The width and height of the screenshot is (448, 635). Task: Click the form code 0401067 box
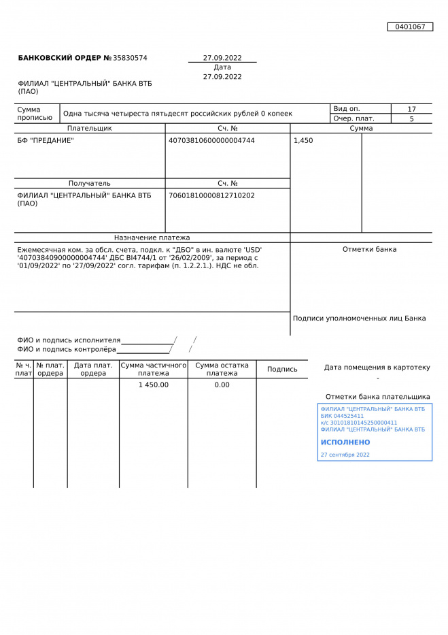tap(410, 27)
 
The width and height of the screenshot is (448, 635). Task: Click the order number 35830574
tap(130, 59)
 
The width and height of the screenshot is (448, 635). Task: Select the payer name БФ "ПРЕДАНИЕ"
tap(46, 141)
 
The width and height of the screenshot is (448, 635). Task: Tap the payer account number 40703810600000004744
tap(211, 141)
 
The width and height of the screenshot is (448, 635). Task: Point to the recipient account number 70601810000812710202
tap(211, 195)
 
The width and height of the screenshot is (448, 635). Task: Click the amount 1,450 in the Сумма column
tap(303, 141)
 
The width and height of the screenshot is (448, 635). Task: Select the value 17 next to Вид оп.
tap(411, 109)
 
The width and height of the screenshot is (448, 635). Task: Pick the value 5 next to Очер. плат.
tap(411, 118)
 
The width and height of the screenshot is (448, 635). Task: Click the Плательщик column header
tap(90, 128)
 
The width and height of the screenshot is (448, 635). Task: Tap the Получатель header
tap(90, 183)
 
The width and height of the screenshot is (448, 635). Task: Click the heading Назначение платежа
tap(152, 238)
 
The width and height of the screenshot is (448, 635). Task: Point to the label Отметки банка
tap(369, 249)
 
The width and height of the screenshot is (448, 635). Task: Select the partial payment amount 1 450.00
tap(154, 385)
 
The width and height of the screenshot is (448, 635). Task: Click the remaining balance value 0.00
tap(222, 385)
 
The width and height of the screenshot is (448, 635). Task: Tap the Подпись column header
tap(282, 370)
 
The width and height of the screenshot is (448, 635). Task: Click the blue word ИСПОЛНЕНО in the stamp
tap(345, 442)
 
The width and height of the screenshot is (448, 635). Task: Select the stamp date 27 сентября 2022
tap(345, 455)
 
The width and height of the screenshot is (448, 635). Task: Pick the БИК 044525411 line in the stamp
tap(342, 416)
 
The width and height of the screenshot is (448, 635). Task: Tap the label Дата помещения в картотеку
tap(377, 368)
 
